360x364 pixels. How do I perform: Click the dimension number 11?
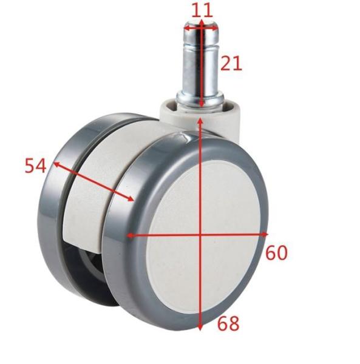click(202, 10)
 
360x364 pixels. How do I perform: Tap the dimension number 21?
click(231, 63)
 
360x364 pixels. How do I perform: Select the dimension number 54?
click(35, 166)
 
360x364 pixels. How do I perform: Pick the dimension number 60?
click(276, 252)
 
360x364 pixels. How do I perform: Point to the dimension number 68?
click(228, 323)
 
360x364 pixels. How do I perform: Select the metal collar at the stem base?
click(200, 99)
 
